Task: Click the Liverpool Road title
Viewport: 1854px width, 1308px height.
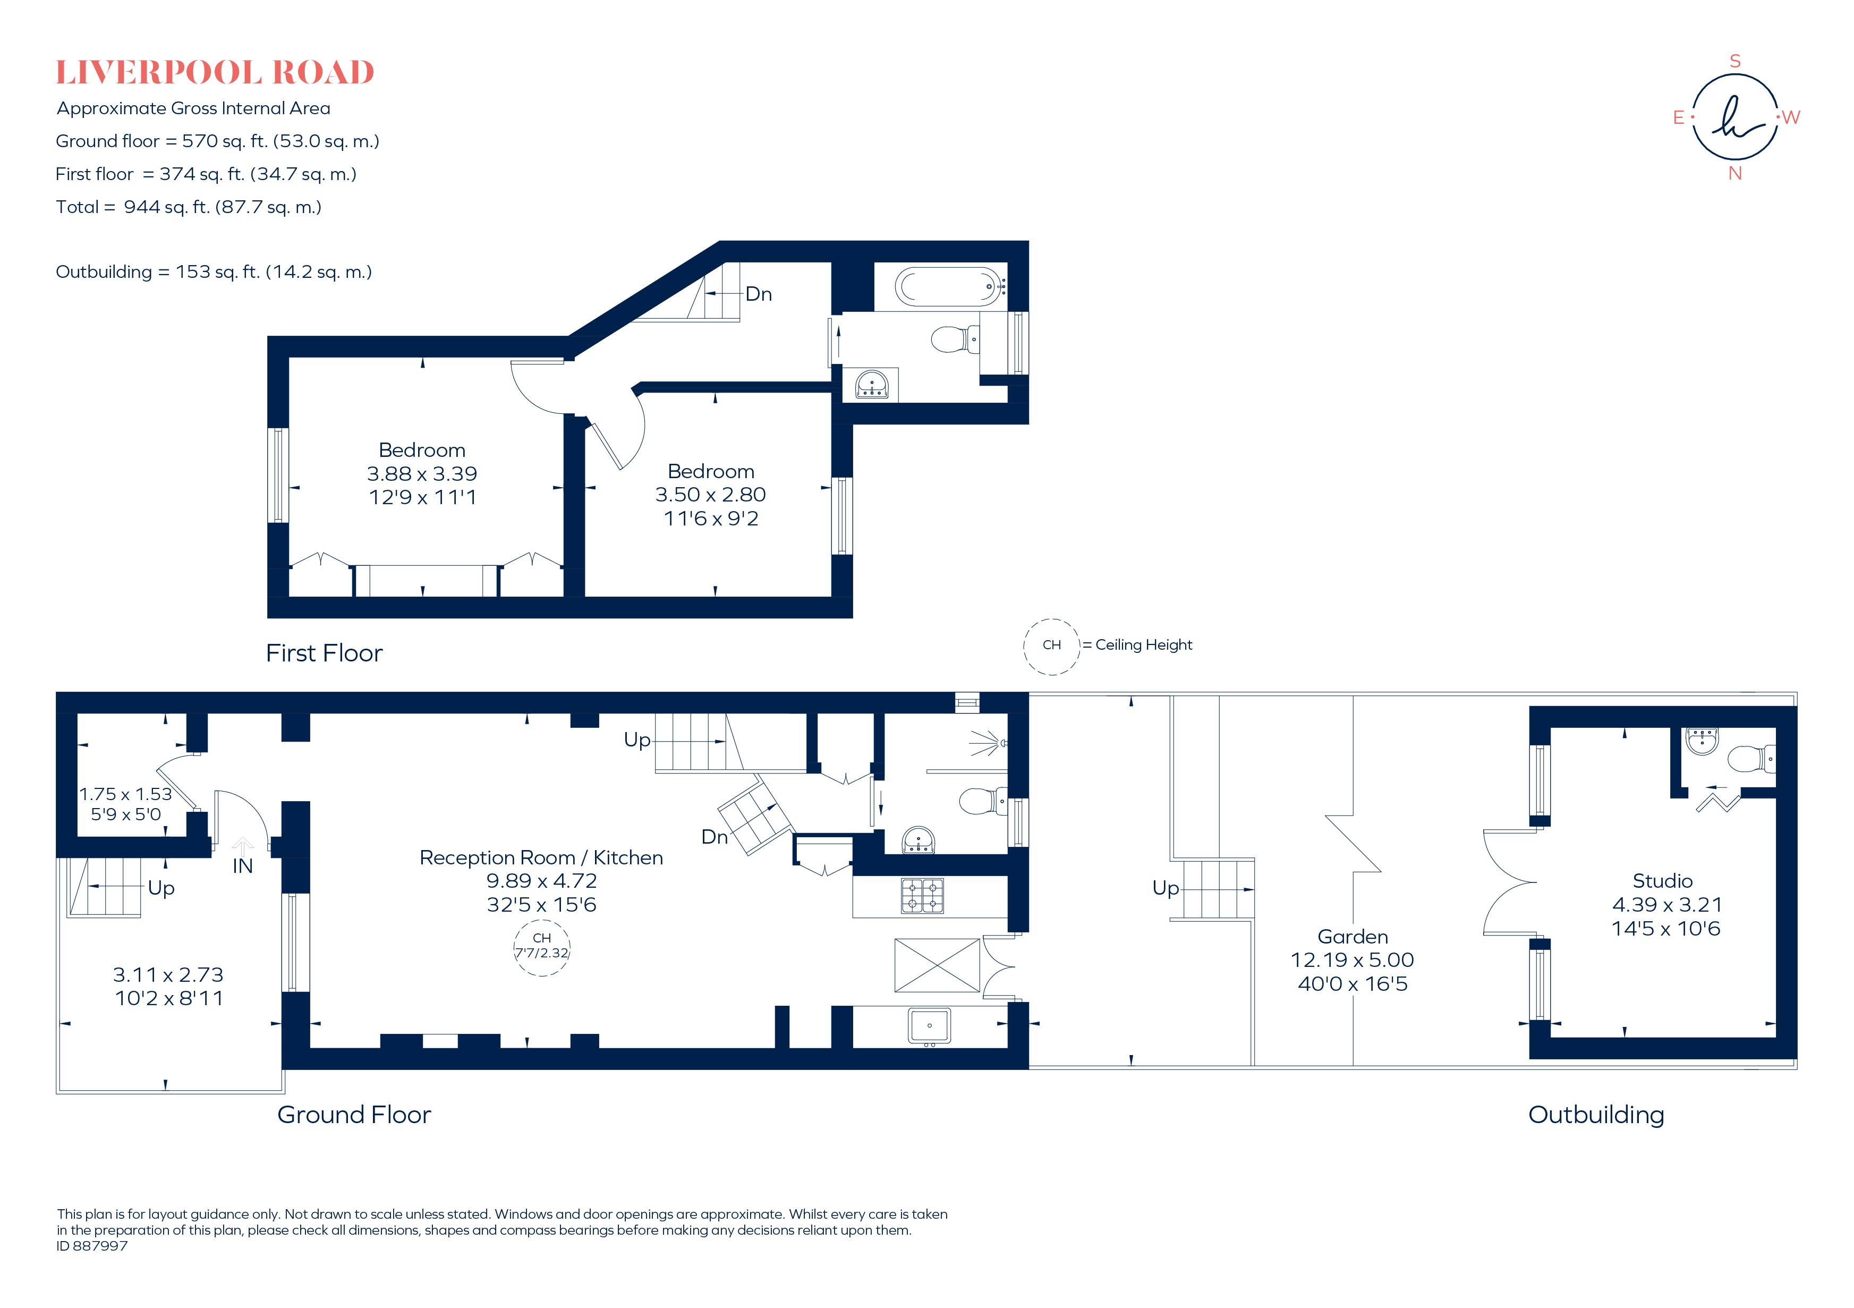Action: tap(215, 73)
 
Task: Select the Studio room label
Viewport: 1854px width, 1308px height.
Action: tap(1663, 881)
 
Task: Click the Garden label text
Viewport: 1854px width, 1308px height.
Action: tap(1353, 937)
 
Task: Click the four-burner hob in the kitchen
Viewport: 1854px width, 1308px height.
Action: tap(922, 895)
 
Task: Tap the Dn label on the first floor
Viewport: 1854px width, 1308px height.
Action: tap(758, 294)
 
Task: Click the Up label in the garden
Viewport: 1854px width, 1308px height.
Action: tap(1165, 888)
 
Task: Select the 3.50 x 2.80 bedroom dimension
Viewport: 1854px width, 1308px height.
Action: tap(711, 494)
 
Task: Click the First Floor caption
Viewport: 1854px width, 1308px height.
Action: tap(324, 652)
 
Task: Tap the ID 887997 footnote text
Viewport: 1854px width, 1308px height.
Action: tap(92, 1246)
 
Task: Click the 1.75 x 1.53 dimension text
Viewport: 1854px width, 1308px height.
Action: tap(125, 794)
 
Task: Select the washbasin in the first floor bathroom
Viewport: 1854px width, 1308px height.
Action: tap(871, 384)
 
